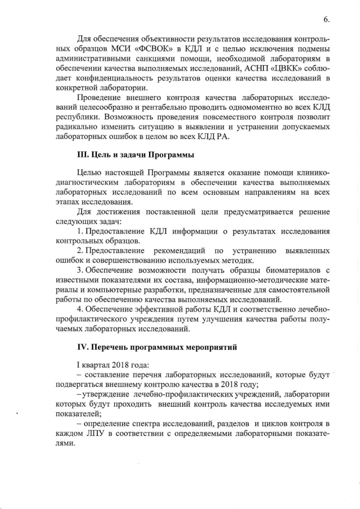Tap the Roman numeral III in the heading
click(x=82, y=154)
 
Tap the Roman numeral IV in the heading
click(x=83, y=348)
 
